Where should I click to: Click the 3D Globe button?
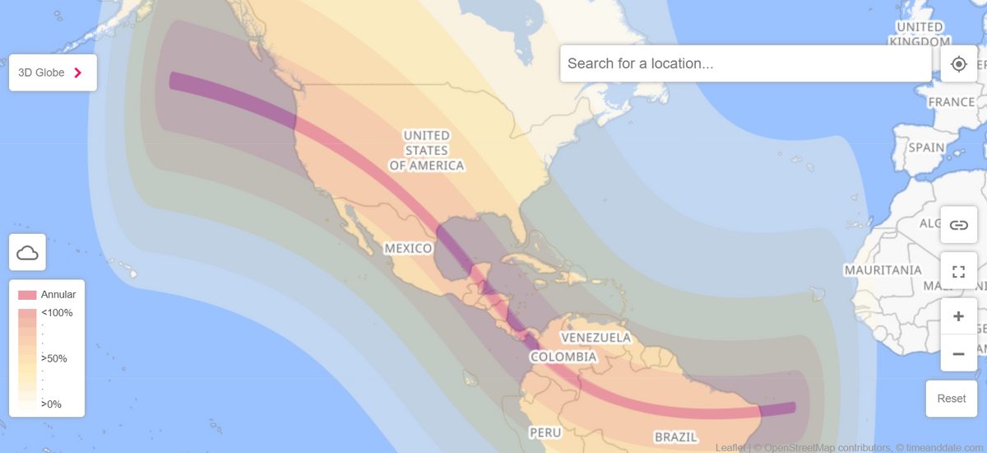[53, 72]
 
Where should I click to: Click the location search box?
[745, 63]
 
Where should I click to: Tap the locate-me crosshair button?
[959, 63]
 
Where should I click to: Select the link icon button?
[958, 225]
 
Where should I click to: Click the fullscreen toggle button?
[958, 271]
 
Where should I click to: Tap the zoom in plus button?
[958, 316]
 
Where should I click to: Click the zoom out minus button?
[958, 353]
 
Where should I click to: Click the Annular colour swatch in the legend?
[27, 295]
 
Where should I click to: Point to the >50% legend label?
[54, 358]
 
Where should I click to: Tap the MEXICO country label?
[409, 249]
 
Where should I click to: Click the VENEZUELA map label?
[595, 338]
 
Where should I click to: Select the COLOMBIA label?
[563, 357]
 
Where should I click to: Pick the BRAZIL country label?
[676, 437]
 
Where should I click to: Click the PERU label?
[545, 432]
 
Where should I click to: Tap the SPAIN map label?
[927, 147]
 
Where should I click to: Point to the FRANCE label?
[951, 102]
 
